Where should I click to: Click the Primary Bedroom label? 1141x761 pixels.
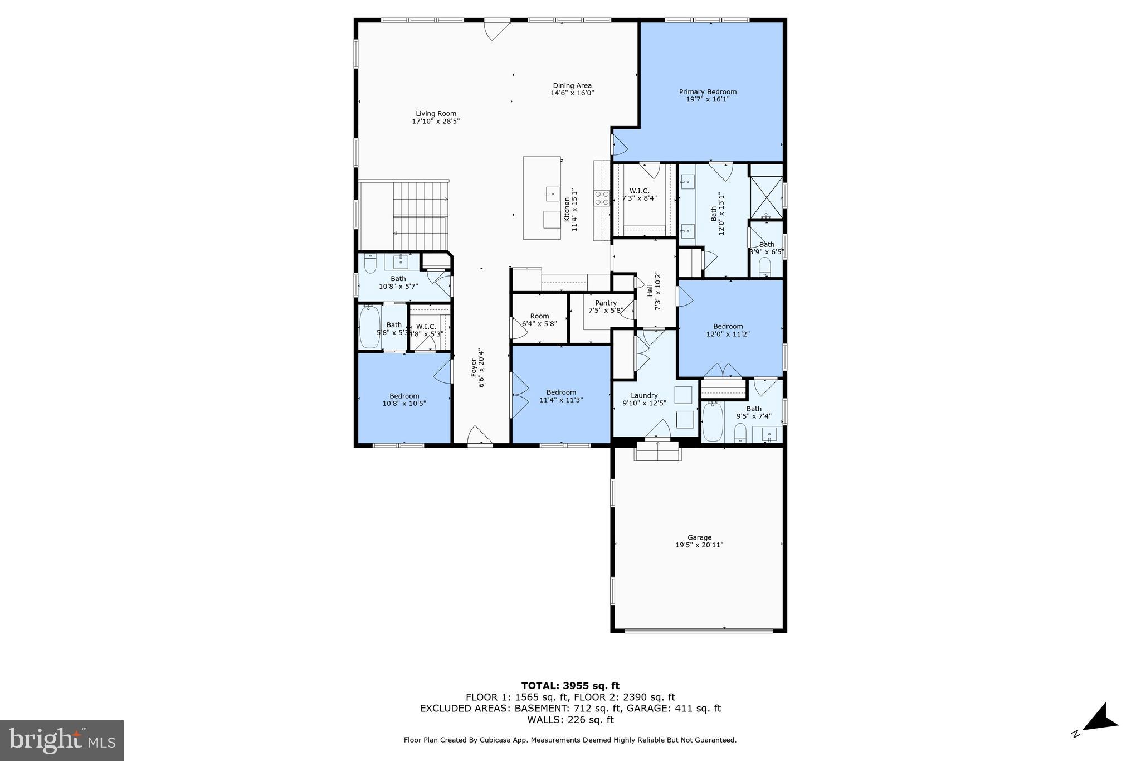click(707, 92)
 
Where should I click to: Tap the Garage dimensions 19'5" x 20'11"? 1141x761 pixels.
click(699, 545)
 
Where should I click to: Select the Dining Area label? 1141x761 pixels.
click(572, 86)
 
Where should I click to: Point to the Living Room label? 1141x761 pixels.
click(436, 114)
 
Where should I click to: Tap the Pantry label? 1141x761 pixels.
click(606, 303)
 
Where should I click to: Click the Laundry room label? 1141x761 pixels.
click(644, 395)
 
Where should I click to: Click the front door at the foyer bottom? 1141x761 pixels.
click(480, 438)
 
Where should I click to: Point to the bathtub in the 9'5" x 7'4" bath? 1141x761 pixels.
click(713, 421)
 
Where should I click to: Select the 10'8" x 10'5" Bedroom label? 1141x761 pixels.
click(404, 396)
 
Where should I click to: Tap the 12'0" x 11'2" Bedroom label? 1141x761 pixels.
click(728, 327)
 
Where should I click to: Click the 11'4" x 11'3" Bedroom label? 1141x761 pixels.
click(561, 392)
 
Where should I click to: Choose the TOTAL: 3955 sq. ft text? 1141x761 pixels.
click(570, 686)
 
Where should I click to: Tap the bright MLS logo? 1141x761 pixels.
click(62, 740)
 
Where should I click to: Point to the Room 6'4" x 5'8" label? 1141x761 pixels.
click(539, 316)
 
